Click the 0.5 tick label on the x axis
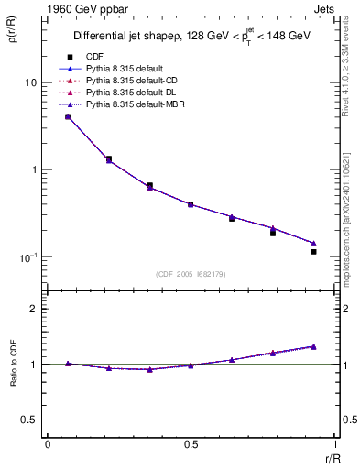tap(191, 446)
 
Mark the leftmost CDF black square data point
tap(68, 116)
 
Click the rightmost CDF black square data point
tap(313, 251)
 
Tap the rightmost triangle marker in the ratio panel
tap(313, 346)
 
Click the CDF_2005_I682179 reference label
tap(191, 273)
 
